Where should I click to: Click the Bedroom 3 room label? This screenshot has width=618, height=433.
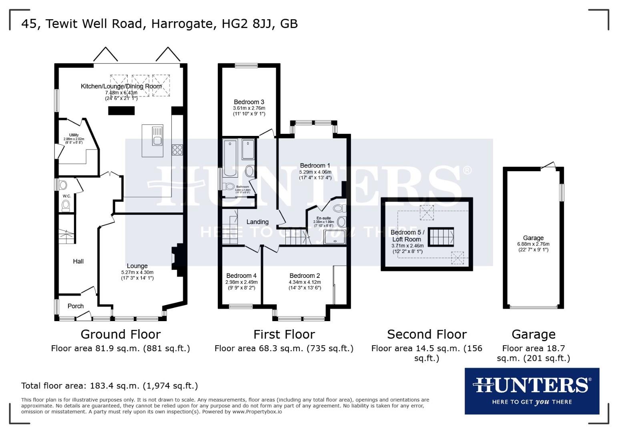coord(249,102)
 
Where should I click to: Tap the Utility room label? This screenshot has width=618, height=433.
coord(74,135)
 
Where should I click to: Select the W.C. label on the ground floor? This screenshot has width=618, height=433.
coord(66,196)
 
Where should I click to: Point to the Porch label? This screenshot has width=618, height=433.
coord(76,306)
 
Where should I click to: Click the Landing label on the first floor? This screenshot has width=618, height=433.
coord(257,222)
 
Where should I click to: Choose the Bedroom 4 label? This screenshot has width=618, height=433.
coord(241,276)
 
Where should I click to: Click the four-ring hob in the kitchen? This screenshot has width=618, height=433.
coord(177,150)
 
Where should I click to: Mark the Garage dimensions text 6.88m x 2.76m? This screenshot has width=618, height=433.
coord(533,244)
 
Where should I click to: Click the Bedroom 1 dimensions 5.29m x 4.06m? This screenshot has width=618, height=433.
coord(315,172)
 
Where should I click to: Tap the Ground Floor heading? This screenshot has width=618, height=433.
coord(120,334)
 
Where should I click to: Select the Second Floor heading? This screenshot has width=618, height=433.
coord(427,334)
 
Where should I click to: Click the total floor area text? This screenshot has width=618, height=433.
coord(109,386)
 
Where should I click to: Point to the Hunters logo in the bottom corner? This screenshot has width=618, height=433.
coord(532,391)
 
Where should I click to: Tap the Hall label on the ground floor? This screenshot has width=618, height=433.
coord(78,261)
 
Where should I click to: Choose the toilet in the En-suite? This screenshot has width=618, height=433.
coord(339,208)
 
